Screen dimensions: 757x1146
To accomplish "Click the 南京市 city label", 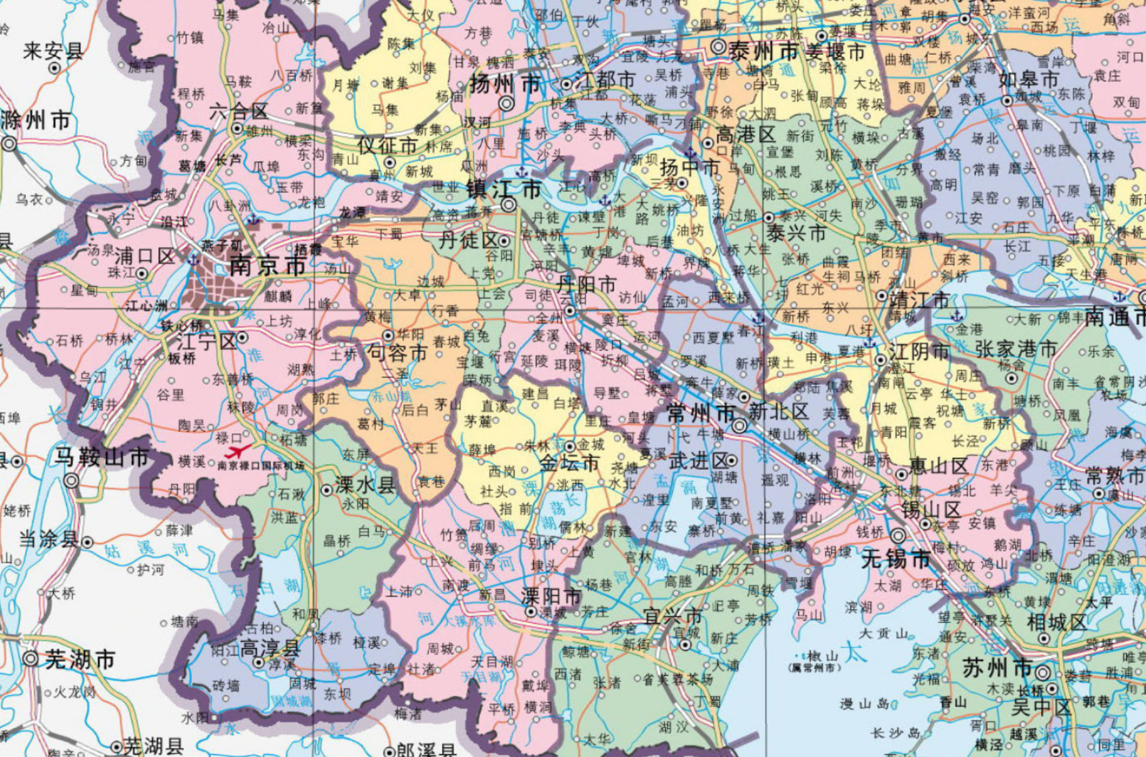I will (267, 266).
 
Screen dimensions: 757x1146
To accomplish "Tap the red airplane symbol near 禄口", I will (237, 451).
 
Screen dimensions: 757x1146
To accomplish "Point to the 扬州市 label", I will (504, 85).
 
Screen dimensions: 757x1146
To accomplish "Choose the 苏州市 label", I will (996, 668).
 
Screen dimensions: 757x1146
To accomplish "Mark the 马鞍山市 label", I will (102, 457).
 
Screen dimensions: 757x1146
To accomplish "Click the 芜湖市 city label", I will (80, 660).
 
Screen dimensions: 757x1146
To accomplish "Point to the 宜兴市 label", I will (673, 616).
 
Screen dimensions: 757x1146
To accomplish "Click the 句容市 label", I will (397, 352).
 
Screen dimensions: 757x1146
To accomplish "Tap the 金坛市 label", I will (569, 462).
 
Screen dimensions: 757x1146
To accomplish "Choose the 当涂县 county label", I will (48, 539).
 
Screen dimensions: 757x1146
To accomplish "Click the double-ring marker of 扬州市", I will (507, 103).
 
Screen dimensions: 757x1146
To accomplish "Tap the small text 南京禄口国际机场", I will (261, 466).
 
